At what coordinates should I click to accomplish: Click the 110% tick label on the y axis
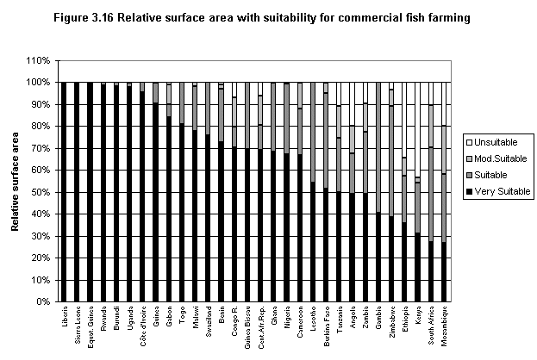pos(39,60)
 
